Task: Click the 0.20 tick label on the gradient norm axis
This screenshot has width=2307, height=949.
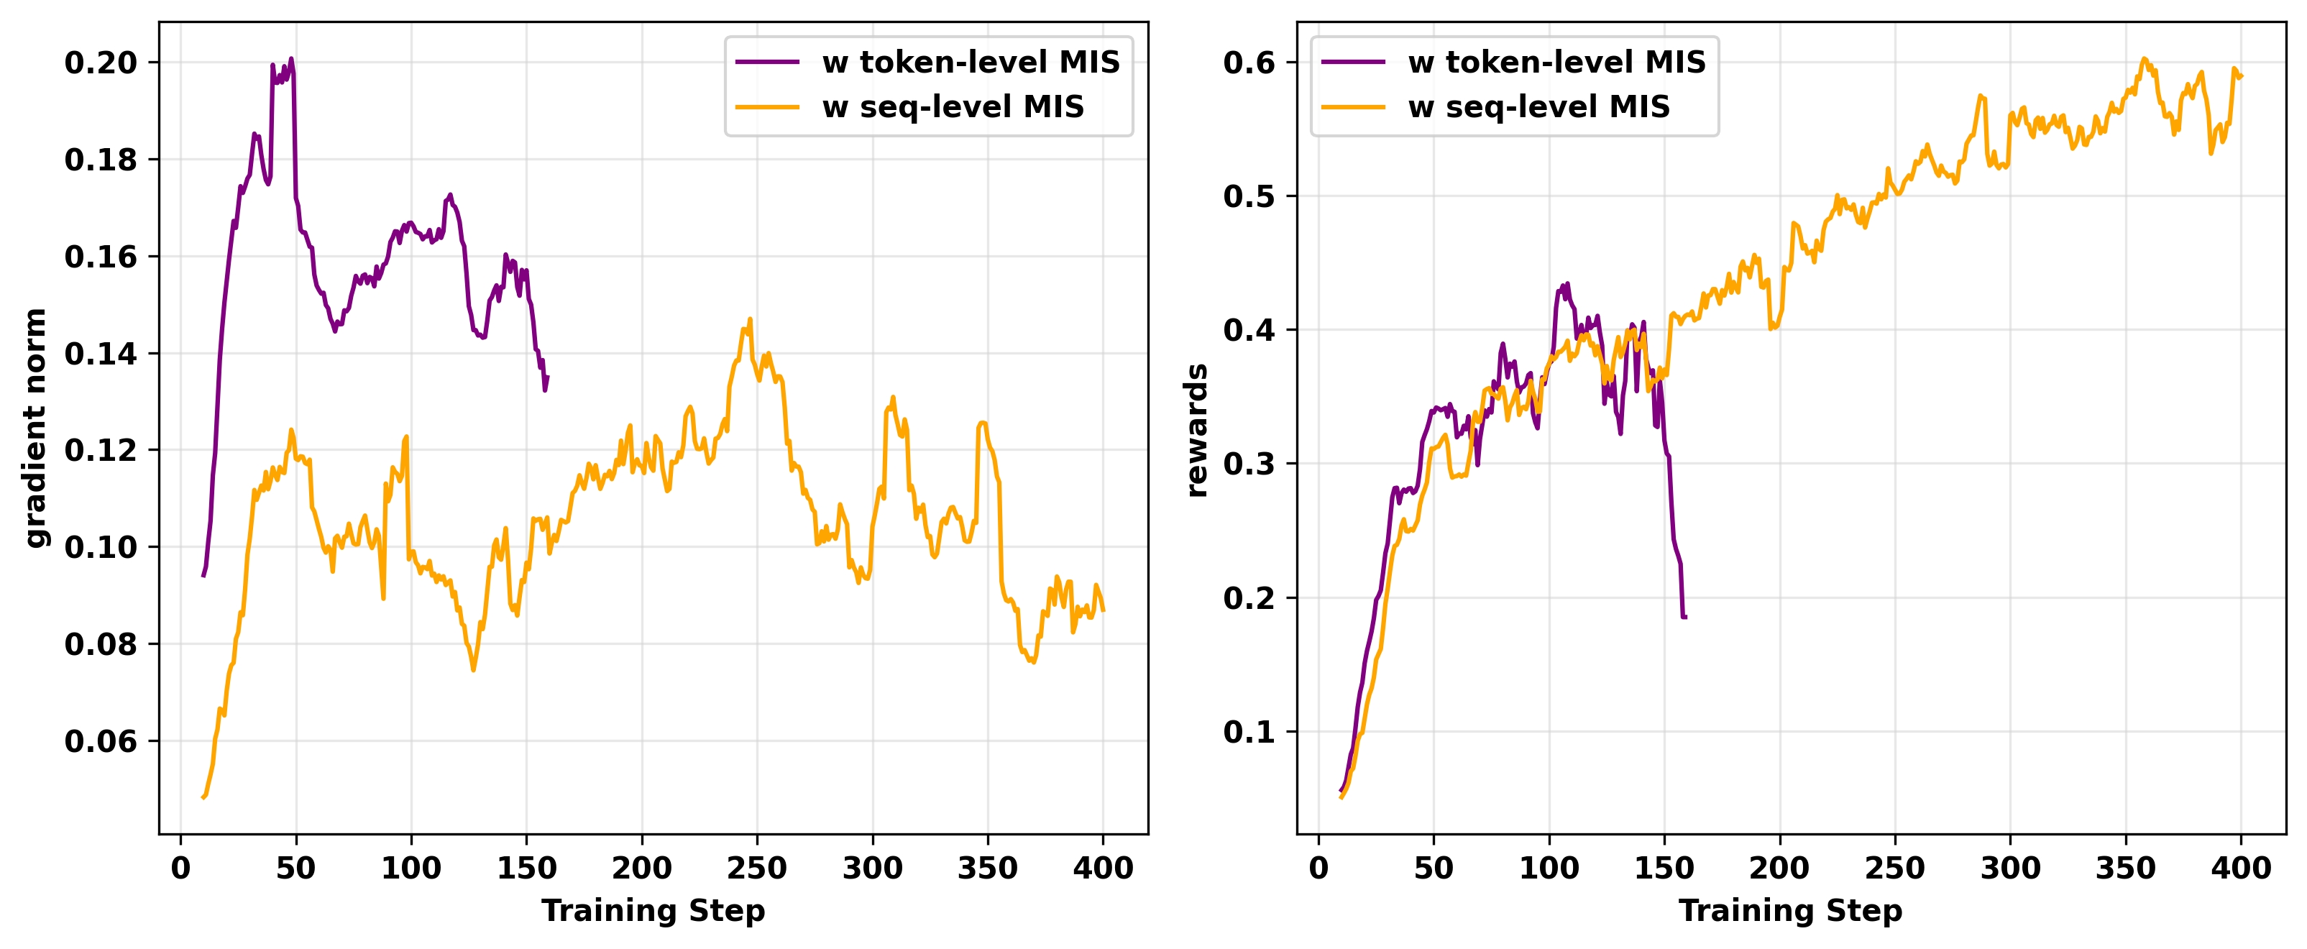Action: pos(101,63)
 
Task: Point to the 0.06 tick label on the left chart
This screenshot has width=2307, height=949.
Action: pos(101,741)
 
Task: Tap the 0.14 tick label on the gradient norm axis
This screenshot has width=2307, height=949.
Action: pos(101,354)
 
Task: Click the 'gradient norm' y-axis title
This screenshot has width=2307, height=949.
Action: pos(36,428)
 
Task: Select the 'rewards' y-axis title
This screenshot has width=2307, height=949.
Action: pos(1196,430)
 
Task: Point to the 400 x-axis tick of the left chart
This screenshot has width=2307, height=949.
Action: pos(1102,868)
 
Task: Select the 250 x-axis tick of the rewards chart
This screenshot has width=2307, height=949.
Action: pos(1894,868)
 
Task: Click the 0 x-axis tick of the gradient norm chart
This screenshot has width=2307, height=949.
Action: pos(181,868)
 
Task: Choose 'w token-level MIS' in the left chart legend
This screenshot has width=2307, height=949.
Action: pos(971,62)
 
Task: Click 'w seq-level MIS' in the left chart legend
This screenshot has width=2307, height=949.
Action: pos(953,106)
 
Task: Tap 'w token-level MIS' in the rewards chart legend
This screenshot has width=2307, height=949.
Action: pos(1556,62)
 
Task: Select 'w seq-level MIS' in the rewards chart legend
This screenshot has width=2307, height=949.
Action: pos(1538,106)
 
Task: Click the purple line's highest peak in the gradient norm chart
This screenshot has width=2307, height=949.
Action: pos(291,59)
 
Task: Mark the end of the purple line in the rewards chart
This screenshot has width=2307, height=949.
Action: pos(1685,617)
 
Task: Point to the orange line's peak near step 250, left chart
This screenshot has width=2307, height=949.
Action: pos(750,318)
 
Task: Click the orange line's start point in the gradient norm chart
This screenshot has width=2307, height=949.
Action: pos(203,797)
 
